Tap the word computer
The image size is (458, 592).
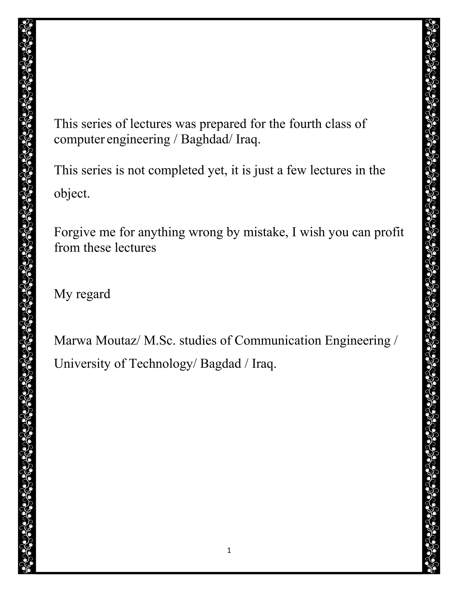click(79, 140)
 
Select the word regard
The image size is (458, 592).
click(93, 294)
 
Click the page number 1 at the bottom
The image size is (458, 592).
click(229, 550)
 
